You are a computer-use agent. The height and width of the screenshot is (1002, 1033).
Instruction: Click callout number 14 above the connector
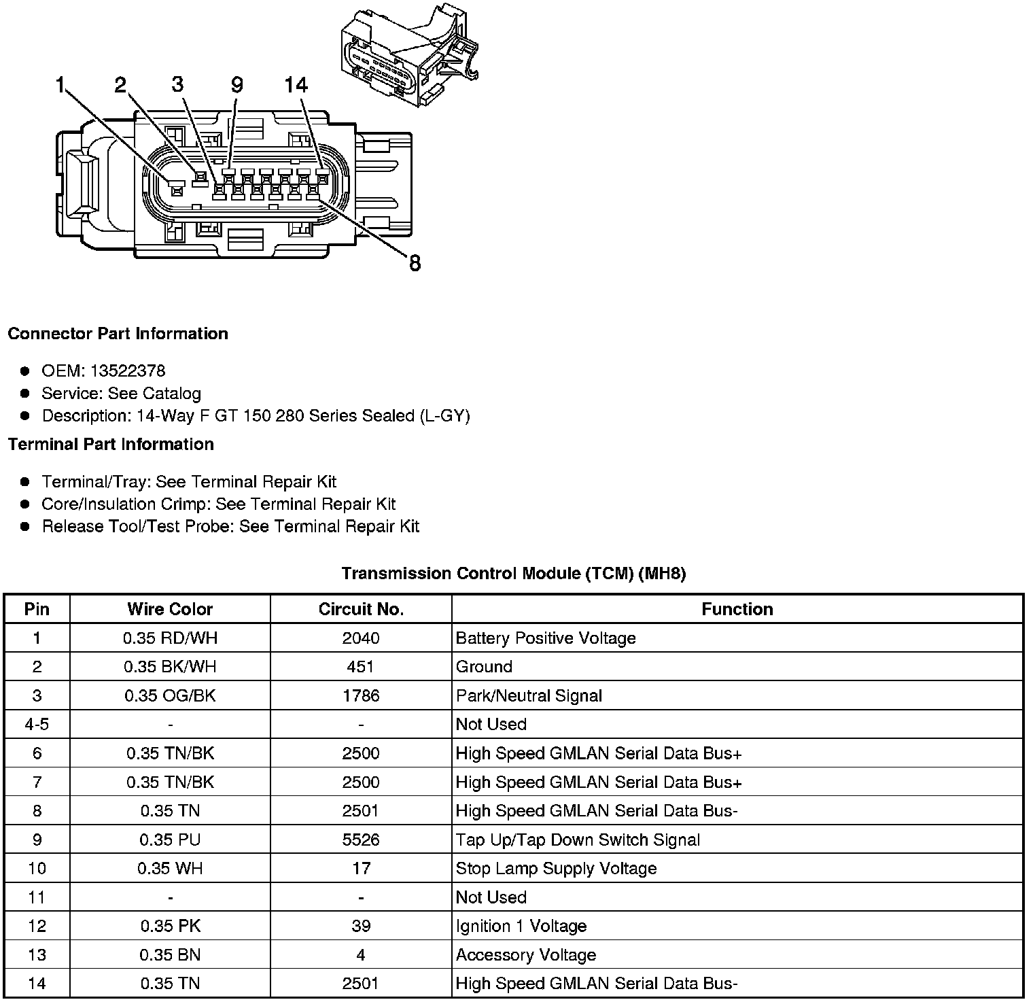[x=296, y=85]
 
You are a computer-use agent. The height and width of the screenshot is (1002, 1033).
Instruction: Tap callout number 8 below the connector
[x=415, y=263]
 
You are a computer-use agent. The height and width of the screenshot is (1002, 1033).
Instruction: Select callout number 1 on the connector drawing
[x=60, y=85]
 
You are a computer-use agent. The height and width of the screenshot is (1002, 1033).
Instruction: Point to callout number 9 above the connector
[x=237, y=85]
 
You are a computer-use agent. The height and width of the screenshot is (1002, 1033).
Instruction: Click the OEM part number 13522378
[x=128, y=371]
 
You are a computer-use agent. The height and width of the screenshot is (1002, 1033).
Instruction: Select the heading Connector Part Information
[x=118, y=334]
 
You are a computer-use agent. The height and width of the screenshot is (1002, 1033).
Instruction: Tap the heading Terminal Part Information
[x=111, y=445]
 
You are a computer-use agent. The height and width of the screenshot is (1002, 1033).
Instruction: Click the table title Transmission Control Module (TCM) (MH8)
[x=514, y=574]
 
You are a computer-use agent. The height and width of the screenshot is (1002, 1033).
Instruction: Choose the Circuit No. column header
[x=361, y=609]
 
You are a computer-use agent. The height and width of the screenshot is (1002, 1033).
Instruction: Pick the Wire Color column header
[x=170, y=609]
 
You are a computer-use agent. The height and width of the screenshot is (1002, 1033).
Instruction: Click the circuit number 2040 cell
[x=361, y=638]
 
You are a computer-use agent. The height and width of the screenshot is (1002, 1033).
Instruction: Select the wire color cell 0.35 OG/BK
[x=170, y=696]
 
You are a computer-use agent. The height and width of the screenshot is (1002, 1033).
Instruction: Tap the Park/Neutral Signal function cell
[x=529, y=696]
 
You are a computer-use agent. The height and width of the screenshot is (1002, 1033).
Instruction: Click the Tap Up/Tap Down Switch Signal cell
[x=578, y=840]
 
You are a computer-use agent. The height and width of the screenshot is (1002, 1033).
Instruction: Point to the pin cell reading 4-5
[x=37, y=725]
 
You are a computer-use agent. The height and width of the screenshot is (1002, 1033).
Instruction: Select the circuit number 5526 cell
[x=361, y=840]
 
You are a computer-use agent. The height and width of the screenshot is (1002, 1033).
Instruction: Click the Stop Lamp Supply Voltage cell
[x=556, y=869]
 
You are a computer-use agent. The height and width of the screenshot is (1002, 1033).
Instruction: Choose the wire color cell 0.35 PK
[x=170, y=927]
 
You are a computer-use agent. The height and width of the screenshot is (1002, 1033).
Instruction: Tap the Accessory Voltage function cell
[x=526, y=955]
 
